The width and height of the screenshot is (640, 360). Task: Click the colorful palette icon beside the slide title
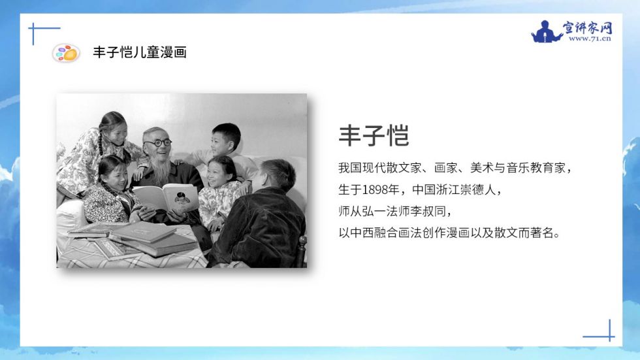66,53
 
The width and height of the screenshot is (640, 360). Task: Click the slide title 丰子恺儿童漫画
140,52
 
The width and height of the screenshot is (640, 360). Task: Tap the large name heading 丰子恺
374,135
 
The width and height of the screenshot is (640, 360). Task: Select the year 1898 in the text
375,189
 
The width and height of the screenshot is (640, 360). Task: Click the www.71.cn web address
590,39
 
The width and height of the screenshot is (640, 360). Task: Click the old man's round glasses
158,143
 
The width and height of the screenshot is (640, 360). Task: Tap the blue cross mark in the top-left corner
34,29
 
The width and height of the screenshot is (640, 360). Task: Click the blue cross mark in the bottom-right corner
609,336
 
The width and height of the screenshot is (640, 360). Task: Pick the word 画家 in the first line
445,168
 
